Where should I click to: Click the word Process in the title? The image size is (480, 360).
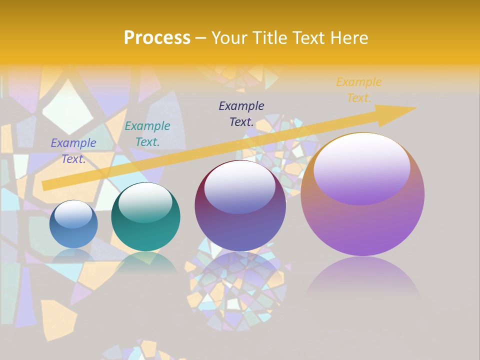click(x=157, y=38)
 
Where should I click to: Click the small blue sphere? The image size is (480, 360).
click(x=73, y=224)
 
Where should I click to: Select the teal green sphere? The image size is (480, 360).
click(x=145, y=217)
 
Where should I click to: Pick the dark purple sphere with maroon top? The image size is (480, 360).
click(x=240, y=206)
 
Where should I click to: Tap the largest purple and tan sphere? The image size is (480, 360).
click(x=362, y=194)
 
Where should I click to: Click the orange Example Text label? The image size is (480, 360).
click(x=359, y=90)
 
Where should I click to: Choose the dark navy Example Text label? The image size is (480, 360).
click(x=241, y=113)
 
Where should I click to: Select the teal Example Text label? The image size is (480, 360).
click(x=147, y=134)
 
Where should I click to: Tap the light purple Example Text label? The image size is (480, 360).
click(x=73, y=150)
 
